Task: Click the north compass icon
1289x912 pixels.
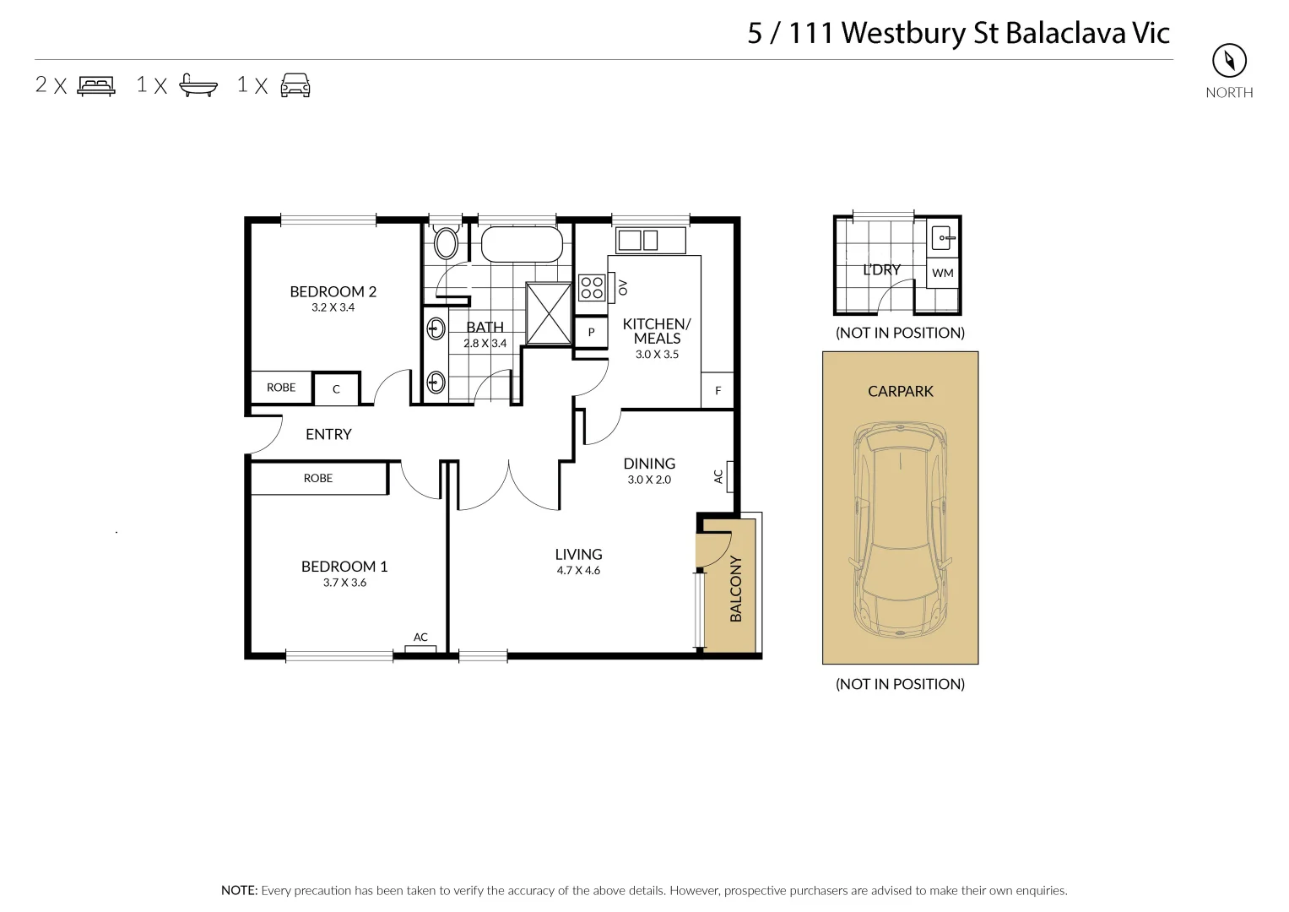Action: [1229, 61]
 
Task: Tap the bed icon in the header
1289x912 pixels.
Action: [96, 85]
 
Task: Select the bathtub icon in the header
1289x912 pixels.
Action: [198, 85]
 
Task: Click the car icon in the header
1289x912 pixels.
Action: [295, 85]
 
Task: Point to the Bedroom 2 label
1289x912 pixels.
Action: [333, 291]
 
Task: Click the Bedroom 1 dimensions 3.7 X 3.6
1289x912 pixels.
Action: [344, 583]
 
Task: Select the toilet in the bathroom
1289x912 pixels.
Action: [446, 243]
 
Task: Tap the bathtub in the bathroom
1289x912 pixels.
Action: [521, 245]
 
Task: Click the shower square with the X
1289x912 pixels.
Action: [549, 313]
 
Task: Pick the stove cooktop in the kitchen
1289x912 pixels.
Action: [591, 288]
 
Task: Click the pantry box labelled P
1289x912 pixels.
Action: [591, 333]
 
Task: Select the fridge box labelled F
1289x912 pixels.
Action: [718, 391]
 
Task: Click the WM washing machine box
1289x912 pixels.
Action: [943, 273]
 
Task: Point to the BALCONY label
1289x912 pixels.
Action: [735, 589]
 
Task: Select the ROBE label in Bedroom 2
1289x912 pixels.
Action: [281, 388]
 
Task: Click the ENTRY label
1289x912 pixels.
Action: [328, 434]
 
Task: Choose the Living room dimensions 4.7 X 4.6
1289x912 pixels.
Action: [578, 571]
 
